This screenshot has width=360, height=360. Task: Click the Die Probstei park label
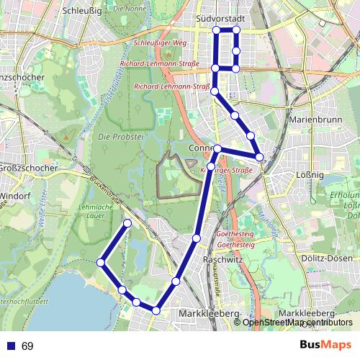pyautogui.click(x=113, y=137)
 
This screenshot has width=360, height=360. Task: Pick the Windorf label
pyautogui.click(x=14, y=196)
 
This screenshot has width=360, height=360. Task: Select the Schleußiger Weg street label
pyautogui.click(x=159, y=43)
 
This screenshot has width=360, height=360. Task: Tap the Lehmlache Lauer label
pyautogui.click(x=91, y=210)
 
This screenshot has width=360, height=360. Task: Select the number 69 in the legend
pyautogui.click(x=27, y=346)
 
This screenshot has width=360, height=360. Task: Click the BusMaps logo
pyautogui.click(x=325, y=345)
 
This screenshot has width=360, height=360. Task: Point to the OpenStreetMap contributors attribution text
pyautogui.click(x=293, y=323)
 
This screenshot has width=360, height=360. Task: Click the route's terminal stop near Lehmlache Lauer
pyautogui.click(x=127, y=223)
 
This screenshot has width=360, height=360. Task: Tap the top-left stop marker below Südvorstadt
pyautogui.click(x=215, y=30)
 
